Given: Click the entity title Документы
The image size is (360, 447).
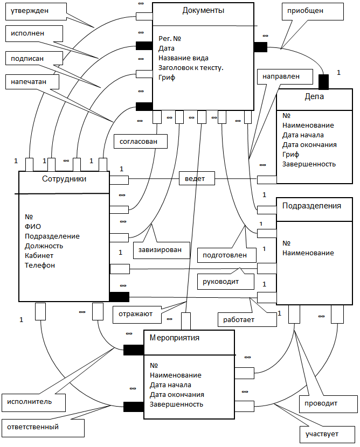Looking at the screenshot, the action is pyautogui.click(x=203, y=11).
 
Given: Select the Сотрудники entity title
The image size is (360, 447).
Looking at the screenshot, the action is pyautogui.click(x=64, y=179).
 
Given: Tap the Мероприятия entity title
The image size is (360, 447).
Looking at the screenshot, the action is pyautogui.click(x=175, y=338).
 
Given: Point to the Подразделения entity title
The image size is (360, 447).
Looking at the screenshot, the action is pyautogui.click(x=311, y=206).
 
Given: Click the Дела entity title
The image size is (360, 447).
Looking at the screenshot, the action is pyautogui.click(x=314, y=96).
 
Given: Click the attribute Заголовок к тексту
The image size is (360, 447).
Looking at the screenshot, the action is pyautogui.click(x=191, y=68).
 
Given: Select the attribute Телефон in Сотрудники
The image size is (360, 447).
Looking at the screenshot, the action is pyautogui.click(x=40, y=266).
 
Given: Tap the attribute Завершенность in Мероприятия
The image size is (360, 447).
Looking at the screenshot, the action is pyautogui.click(x=176, y=404).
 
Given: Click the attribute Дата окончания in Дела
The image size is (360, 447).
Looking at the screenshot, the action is pyautogui.click(x=309, y=145).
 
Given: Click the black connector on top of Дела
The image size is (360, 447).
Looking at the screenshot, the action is pyautogui.click(x=323, y=82).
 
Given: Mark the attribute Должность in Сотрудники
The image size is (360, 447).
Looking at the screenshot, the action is pyautogui.click(x=44, y=246).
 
